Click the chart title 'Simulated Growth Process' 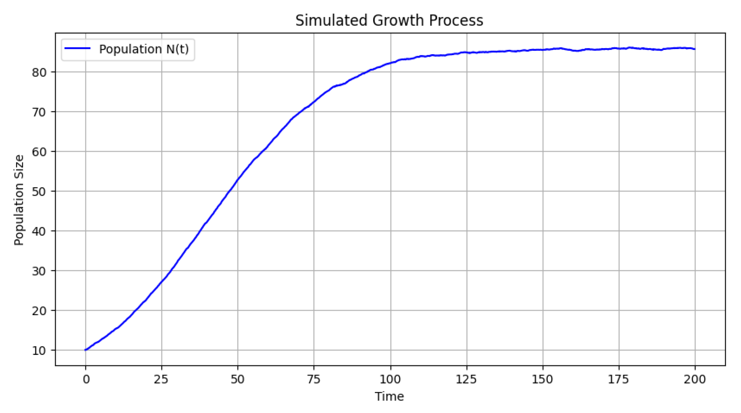coord(389,20)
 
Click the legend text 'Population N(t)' coord(144,49)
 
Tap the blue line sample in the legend coord(77,49)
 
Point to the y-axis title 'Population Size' coord(19,200)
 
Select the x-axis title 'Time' coord(389,396)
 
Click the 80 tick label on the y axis coord(39,72)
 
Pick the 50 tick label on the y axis coord(39,191)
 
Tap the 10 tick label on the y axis coord(39,351)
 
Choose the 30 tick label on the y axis coord(39,271)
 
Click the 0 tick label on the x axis coord(86,379)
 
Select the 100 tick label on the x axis coord(390,379)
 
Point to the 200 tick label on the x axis coord(695,379)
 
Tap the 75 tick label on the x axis coord(314,379)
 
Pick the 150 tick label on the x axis coord(543,379)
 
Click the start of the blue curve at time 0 coord(86,350)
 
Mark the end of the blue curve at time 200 coord(695,49)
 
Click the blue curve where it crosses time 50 coord(238,179)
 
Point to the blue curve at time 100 coord(390,63)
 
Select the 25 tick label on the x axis coord(161,379)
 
